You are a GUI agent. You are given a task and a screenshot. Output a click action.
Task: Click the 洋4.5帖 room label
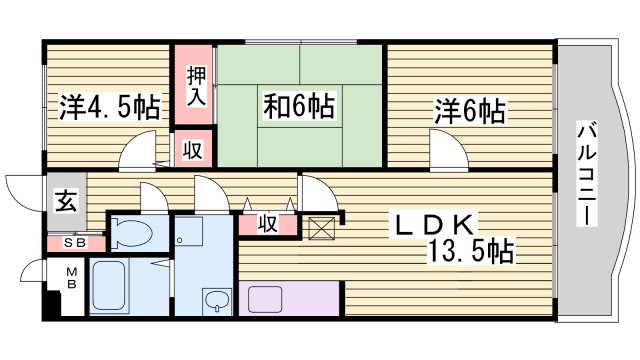(x=107, y=105)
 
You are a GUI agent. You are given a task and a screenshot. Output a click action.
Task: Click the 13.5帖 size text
(x=473, y=251)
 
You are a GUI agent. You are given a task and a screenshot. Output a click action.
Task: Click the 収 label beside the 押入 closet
(x=192, y=151)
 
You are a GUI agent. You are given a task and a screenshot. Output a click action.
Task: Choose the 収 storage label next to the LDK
(x=267, y=223)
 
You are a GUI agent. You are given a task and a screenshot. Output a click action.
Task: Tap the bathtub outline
(x=120, y=287)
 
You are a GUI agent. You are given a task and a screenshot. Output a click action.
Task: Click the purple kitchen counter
(x=289, y=298)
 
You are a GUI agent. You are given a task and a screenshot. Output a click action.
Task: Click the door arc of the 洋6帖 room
(x=447, y=155)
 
